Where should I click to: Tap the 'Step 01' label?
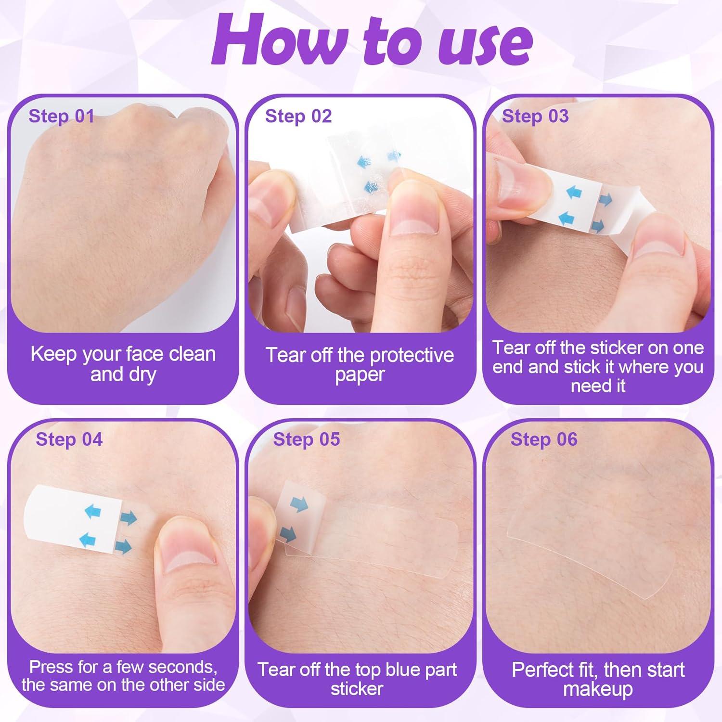pyautogui.click(x=61, y=116)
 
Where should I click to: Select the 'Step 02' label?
pyautogui.click(x=298, y=116)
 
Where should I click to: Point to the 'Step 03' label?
pyautogui.click(x=535, y=116)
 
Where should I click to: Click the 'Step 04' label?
pyautogui.click(x=69, y=439)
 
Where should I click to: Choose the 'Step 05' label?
pyautogui.click(x=307, y=439)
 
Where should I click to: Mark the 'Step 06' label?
pyautogui.click(x=544, y=439)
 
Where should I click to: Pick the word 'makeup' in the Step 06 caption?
pyautogui.click(x=598, y=689)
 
